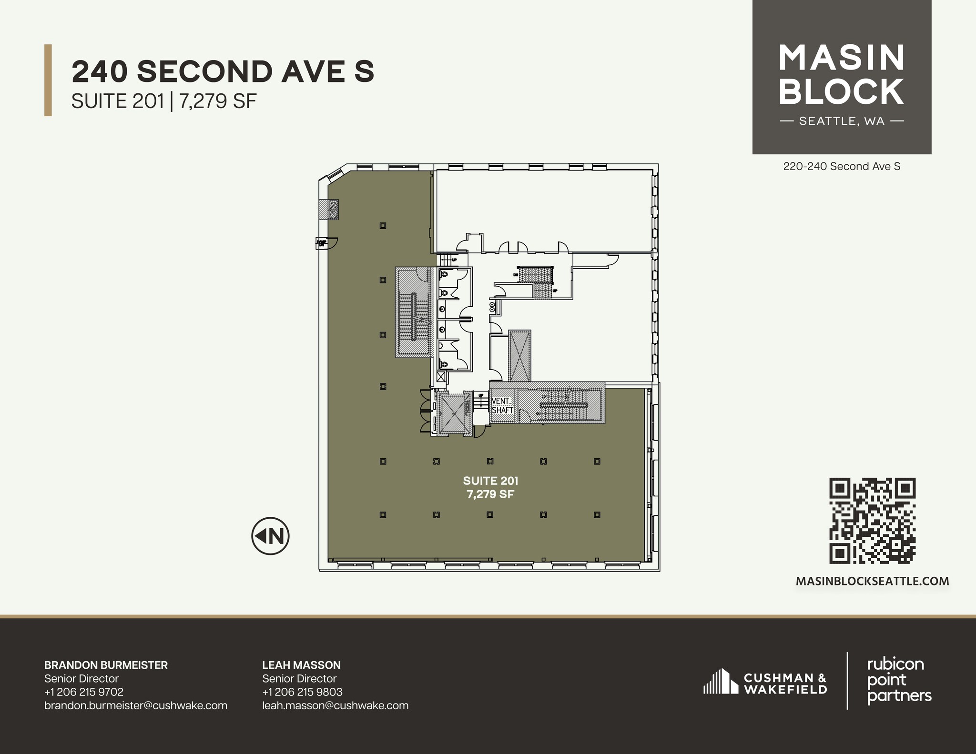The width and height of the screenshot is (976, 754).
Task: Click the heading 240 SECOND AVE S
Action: point(223,72)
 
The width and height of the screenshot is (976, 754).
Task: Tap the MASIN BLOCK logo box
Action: point(842,77)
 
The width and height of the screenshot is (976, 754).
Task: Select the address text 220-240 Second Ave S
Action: point(842,167)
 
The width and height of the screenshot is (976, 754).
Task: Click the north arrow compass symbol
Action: point(270,536)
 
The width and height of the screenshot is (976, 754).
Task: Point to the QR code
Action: point(873,521)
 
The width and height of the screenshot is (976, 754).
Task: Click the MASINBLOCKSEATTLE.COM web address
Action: point(873,581)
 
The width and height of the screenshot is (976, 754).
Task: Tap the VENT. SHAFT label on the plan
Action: point(502,406)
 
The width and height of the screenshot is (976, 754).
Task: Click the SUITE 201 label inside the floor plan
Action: point(490,481)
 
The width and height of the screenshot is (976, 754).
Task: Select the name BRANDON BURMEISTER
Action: point(106,665)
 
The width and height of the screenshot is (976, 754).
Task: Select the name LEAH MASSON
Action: point(301,665)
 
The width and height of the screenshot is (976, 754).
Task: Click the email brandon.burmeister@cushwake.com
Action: point(135,705)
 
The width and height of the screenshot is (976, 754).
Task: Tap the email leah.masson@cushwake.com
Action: point(335,705)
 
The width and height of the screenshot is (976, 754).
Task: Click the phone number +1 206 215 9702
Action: point(84,692)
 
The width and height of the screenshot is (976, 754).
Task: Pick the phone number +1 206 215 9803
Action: point(302,692)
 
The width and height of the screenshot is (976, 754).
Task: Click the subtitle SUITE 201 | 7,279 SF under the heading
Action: point(164,101)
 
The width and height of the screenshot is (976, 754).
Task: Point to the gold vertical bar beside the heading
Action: point(48,80)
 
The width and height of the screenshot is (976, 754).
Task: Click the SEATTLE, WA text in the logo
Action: point(842,121)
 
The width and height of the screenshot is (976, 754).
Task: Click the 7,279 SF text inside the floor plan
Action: point(490,494)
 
